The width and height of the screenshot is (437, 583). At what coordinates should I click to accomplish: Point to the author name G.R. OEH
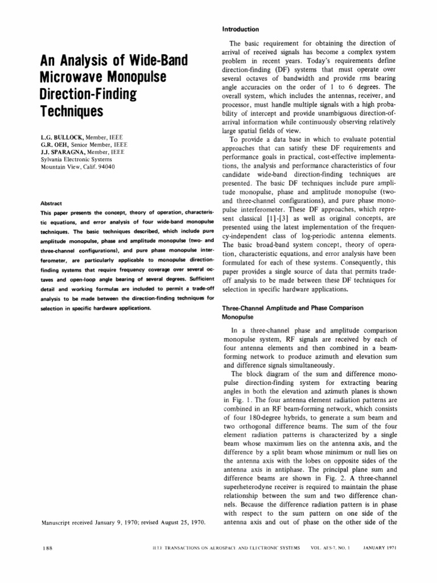(55, 145)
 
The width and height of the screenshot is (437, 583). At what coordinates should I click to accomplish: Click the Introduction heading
(240, 29)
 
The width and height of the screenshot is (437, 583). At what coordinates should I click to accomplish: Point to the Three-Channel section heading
(292, 307)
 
